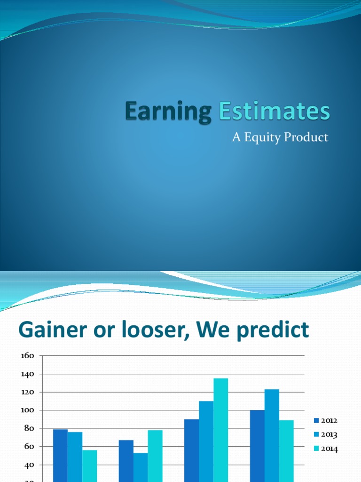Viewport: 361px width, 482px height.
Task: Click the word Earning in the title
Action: pos(167,112)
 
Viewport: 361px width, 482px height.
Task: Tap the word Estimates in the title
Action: pos(275,112)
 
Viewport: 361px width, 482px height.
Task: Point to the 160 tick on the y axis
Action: pos(27,355)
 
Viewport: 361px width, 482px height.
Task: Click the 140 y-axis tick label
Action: pos(27,374)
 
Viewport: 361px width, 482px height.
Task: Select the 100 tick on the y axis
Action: pos(27,410)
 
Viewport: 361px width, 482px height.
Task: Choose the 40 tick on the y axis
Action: pos(29,465)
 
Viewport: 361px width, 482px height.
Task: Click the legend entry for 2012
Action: pos(325,420)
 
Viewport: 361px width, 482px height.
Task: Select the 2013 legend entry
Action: pos(325,434)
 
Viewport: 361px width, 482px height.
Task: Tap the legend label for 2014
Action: pos(325,449)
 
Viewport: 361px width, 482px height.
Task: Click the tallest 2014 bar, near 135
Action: pos(220,428)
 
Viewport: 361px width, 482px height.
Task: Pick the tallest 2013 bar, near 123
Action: pos(272,433)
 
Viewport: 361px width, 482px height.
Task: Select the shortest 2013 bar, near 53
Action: pos(140,466)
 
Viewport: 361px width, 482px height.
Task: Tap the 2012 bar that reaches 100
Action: pos(257,442)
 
